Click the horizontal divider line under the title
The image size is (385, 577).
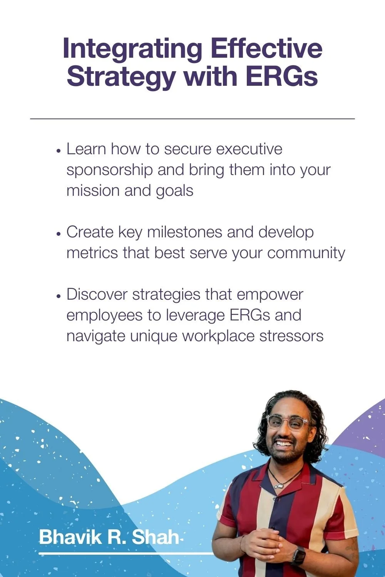click(192, 119)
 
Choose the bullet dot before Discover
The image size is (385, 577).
click(59, 296)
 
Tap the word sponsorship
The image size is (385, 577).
click(109, 170)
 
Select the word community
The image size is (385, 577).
click(306, 253)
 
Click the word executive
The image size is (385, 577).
click(249, 149)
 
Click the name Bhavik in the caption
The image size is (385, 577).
click(70, 537)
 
